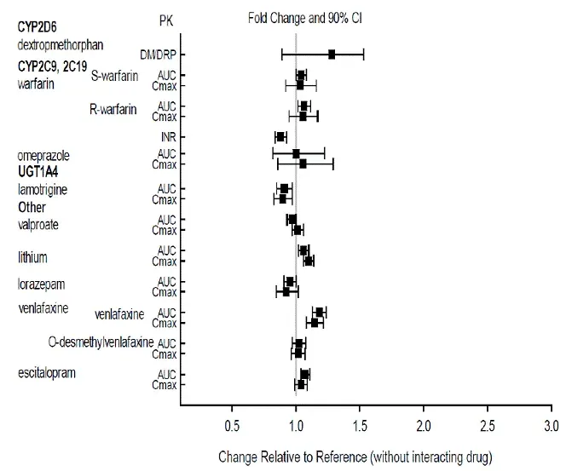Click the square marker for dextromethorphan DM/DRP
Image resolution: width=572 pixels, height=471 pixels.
(x=332, y=55)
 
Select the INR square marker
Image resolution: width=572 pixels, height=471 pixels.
(x=280, y=136)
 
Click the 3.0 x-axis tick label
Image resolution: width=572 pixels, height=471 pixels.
(x=552, y=425)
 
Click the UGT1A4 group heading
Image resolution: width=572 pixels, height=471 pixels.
(x=39, y=171)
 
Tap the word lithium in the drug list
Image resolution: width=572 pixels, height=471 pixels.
(x=32, y=256)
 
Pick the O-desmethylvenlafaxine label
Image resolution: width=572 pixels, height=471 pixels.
(x=101, y=342)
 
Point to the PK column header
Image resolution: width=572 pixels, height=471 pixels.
(x=168, y=18)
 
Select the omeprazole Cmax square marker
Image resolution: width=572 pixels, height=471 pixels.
(x=303, y=164)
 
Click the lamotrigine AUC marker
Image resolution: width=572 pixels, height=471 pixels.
(x=285, y=188)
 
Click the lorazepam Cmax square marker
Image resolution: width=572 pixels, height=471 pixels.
(x=286, y=291)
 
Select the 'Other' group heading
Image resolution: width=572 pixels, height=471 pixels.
(x=32, y=207)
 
